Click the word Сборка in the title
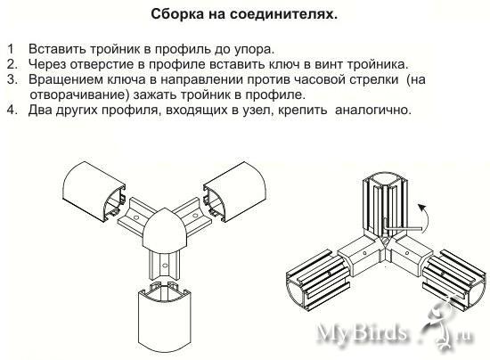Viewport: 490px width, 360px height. click(x=177, y=14)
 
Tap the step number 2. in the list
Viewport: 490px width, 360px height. click(x=12, y=64)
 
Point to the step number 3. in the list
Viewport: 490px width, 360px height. click(x=12, y=79)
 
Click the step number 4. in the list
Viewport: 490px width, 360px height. click(x=12, y=110)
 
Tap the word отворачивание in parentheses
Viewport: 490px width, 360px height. click(x=79, y=94)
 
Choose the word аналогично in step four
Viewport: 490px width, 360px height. click(x=373, y=110)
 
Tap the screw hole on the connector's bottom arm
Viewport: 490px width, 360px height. click(x=165, y=266)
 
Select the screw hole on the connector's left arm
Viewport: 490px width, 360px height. click(x=136, y=217)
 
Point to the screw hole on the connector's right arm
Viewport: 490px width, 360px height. click(x=195, y=216)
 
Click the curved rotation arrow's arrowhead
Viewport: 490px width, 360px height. click(x=421, y=208)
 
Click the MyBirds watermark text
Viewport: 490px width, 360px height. click(x=363, y=332)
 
